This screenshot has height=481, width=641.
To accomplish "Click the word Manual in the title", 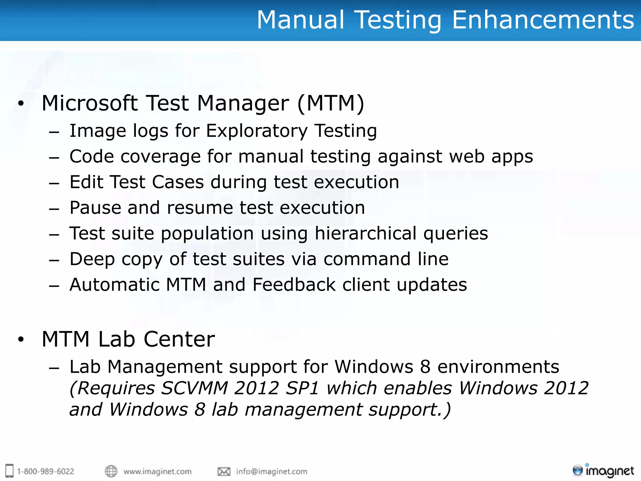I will pyautogui.click(x=300, y=20).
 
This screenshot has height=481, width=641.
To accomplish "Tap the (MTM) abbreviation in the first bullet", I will pyautogui.click(x=331, y=103).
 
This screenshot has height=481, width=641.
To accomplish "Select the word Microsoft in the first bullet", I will pyautogui.click(x=90, y=103).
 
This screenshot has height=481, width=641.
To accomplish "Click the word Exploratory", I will pyautogui.click(x=257, y=131).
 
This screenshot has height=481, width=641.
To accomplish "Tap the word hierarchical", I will pyautogui.click(x=365, y=234).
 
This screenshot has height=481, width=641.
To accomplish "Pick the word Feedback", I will pyautogui.click(x=294, y=285).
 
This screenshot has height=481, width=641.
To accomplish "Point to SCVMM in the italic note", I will pyautogui.click(x=194, y=388).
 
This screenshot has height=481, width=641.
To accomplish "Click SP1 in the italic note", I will pyautogui.click(x=302, y=388).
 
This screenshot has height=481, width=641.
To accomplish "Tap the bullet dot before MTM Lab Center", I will pyautogui.click(x=21, y=339).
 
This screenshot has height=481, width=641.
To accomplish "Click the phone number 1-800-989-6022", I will pyautogui.click(x=46, y=471).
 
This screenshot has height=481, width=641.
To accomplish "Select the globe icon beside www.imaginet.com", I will pyautogui.click(x=111, y=471).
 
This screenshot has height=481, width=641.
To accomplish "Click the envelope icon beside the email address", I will pyautogui.click(x=224, y=471).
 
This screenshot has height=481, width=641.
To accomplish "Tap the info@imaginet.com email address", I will pyautogui.click(x=272, y=471).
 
